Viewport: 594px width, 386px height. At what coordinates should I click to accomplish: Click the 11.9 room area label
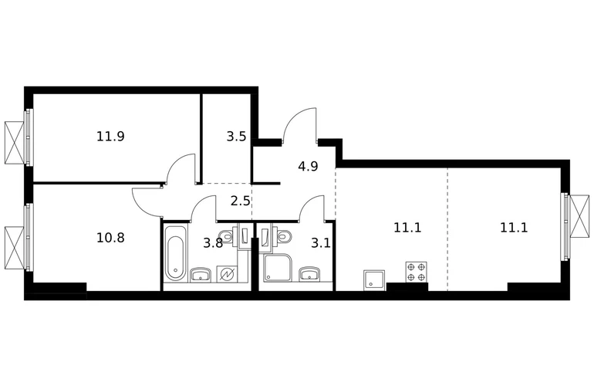coord(110,136)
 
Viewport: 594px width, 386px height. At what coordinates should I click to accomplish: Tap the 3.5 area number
coord(236,136)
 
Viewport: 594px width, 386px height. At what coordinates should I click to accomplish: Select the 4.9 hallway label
coord(308,166)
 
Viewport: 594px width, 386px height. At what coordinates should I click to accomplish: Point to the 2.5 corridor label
coord(240,201)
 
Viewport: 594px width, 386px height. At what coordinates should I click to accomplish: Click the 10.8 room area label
coord(110,238)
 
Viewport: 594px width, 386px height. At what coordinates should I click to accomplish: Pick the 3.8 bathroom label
coord(213,243)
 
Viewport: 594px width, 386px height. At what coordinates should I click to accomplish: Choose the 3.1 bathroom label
coord(320,243)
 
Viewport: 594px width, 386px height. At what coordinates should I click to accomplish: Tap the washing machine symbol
coord(227,274)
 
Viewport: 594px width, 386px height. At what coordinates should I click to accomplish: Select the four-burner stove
coord(417,272)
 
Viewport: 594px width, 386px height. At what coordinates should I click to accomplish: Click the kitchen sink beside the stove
coord(374,279)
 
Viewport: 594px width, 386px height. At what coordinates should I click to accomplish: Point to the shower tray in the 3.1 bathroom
coord(278,269)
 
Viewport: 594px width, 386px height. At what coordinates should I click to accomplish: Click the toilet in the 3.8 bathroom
coord(227,236)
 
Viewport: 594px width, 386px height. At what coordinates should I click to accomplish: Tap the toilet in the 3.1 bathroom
coord(284,236)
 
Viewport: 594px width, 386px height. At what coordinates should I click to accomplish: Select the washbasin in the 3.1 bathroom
coord(310,274)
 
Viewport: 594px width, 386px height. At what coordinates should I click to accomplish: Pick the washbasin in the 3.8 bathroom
coord(201,275)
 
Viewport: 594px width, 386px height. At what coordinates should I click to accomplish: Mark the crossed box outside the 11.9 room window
coord(15,143)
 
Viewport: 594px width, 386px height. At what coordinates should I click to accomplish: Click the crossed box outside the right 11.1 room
coord(579,216)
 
